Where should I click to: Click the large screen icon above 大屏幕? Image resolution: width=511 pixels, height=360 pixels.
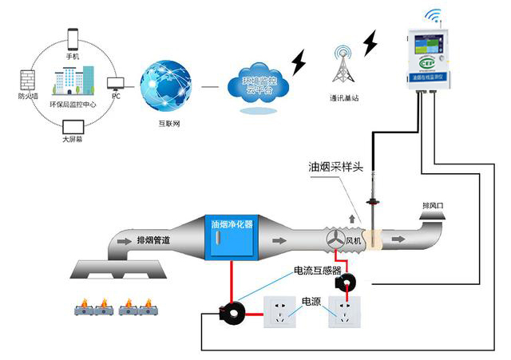tap(73, 127)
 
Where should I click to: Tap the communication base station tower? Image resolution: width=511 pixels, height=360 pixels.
tap(343, 62)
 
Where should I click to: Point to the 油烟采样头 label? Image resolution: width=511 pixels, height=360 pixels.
tap(336, 168)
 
